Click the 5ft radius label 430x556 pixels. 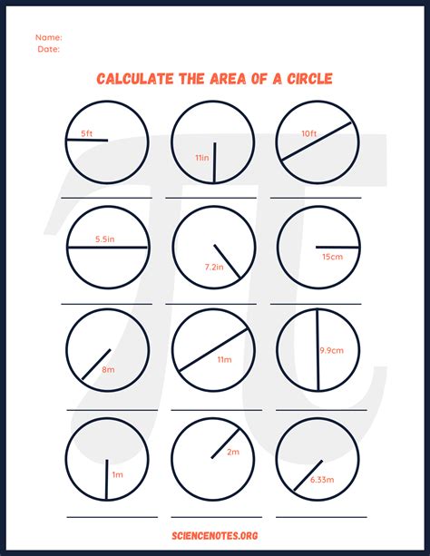pyautogui.click(x=86, y=134)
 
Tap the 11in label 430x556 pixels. pyautogui.click(x=202, y=159)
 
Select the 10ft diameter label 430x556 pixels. pyautogui.click(x=310, y=134)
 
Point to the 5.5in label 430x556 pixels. pyautogui.click(x=104, y=240)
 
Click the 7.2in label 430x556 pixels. pyautogui.click(x=214, y=268)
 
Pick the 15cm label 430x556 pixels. pyautogui.click(x=331, y=257)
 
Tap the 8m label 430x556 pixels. pyautogui.click(x=108, y=369)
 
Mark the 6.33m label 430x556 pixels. pyautogui.click(x=321, y=479)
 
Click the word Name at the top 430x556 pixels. pyautogui.click(x=48, y=37)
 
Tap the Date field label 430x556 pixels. pyautogui.click(x=48, y=50)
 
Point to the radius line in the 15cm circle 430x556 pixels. pyautogui.click(x=335, y=247)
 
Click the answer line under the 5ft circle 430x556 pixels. pyautogui.click(x=107, y=198)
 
